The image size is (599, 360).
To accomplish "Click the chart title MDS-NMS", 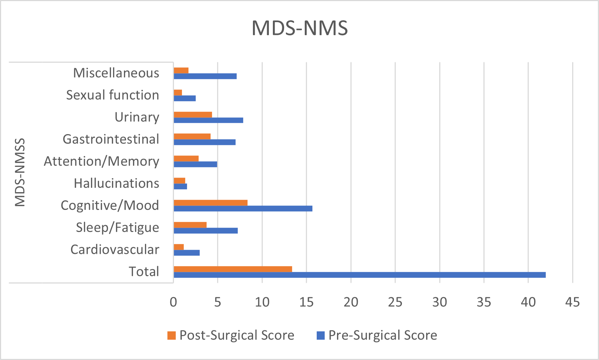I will click(x=300, y=28).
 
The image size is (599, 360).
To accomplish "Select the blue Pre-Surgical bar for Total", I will click(x=359, y=275).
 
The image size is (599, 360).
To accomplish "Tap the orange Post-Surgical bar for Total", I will click(x=233, y=269).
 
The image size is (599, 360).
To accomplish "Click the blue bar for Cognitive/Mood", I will click(x=243, y=208).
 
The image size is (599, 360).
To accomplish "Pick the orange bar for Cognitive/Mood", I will click(x=211, y=203).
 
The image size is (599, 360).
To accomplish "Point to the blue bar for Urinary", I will click(x=208, y=120).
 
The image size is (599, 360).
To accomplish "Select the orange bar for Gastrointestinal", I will click(x=192, y=136).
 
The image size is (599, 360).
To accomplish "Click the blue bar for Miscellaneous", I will click(x=205, y=76).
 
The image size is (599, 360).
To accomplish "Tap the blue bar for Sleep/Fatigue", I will click(x=205, y=231).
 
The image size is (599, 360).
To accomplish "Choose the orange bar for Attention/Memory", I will click(x=186, y=158).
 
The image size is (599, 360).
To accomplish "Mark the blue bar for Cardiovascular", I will click(x=187, y=253).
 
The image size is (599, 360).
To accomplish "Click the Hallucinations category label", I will click(x=116, y=183).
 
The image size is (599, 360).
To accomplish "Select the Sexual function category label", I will click(x=112, y=95).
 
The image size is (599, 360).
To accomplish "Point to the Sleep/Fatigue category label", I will click(x=117, y=228).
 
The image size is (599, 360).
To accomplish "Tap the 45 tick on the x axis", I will click(x=572, y=302).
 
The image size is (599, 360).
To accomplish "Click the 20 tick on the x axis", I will click(x=351, y=302).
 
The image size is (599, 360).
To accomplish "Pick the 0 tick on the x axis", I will click(x=174, y=302).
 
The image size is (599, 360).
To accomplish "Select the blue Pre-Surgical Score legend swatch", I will click(x=320, y=336).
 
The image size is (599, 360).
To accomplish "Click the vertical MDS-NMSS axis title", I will click(x=20, y=172).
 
